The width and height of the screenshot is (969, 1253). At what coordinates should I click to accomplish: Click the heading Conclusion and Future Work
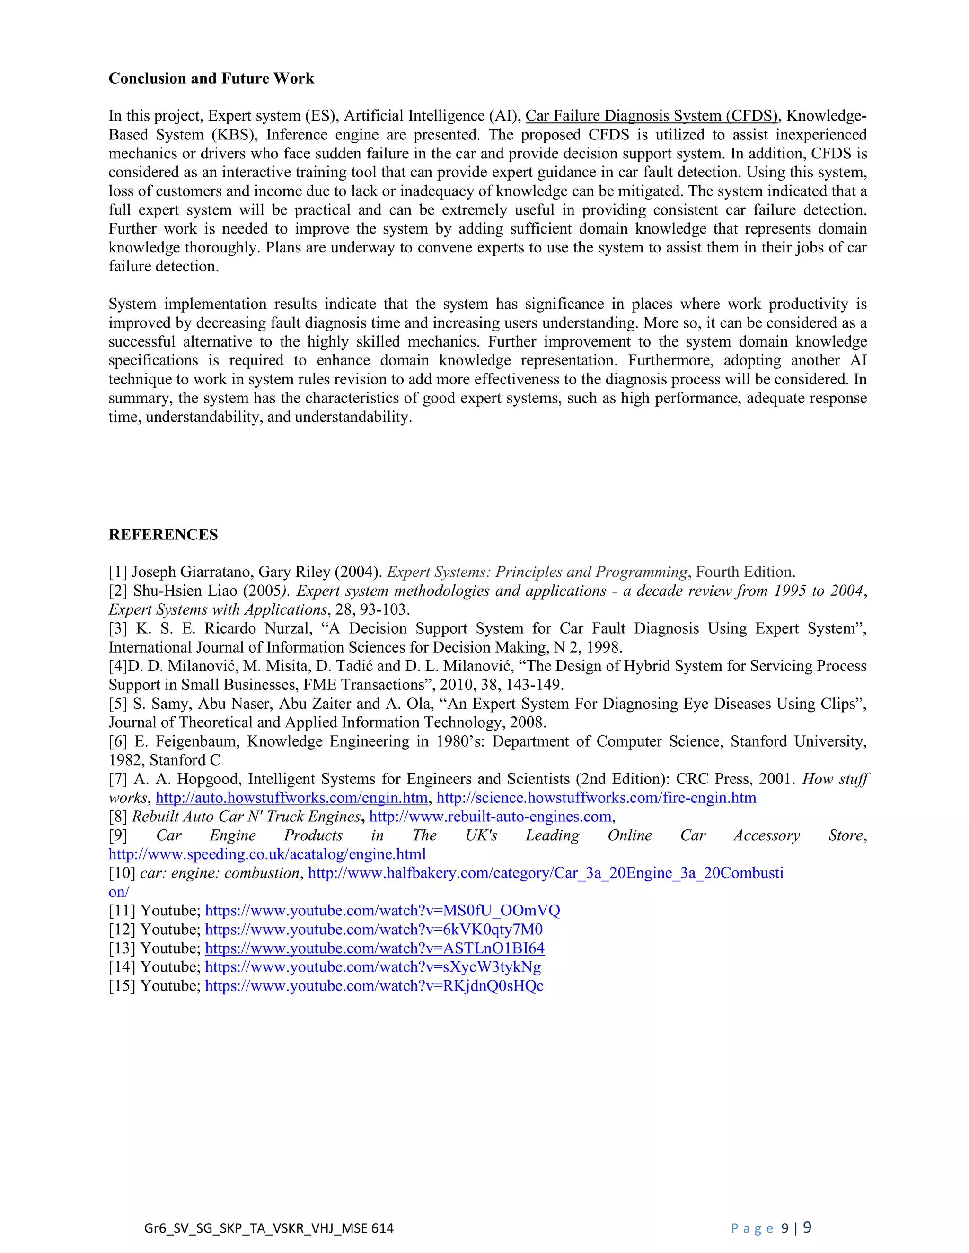click(211, 78)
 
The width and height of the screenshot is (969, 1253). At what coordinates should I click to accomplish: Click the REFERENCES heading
click(163, 535)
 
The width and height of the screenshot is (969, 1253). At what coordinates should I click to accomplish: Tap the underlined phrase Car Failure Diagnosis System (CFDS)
click(652, 116)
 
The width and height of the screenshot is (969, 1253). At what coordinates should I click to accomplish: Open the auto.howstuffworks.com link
click(291, 798)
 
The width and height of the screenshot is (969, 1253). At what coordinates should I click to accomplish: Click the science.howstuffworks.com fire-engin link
click(597, 798)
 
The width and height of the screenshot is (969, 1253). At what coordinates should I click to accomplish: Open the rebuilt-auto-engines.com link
click(490, 817)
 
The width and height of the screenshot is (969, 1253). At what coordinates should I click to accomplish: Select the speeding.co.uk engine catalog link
click(267, 854)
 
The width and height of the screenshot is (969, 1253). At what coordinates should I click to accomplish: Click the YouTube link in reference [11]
click(382, 911)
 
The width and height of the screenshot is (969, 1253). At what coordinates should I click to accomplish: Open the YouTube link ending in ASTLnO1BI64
click(375, 948)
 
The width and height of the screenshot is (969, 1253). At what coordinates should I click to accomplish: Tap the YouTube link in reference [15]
click(374, 986)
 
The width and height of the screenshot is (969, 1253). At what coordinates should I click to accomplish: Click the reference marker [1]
click(118, 572)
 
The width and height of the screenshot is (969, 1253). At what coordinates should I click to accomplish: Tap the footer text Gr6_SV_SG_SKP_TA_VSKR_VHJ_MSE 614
click(269, 1228)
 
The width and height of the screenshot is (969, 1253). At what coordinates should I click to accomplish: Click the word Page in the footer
click(752, 1228)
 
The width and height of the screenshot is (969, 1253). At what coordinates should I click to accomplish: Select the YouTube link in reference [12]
click(374, 930)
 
